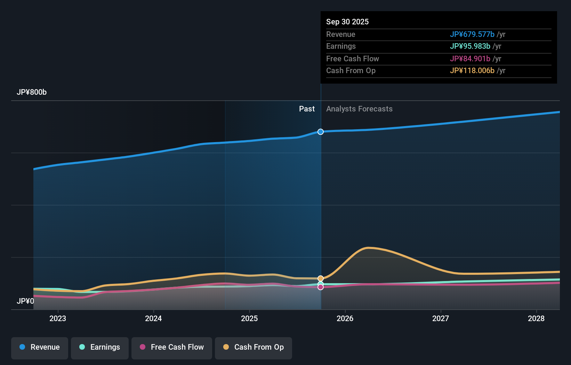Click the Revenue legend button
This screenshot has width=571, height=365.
tap(40, 347)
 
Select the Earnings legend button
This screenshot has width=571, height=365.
tap(100, 347)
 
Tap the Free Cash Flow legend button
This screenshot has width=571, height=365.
tap(172, 347)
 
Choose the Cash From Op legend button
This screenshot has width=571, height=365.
tap(254, 347)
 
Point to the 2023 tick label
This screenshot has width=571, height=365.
tap(58, 318)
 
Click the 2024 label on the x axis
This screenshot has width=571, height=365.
tap(153, 318)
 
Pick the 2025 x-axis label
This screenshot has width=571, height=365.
tap(249, 318)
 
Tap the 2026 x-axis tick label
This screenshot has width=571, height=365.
tap(345, 318)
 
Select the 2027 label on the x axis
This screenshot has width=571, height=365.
tap(441, 318)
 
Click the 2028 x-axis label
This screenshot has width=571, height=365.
tap(536, 318)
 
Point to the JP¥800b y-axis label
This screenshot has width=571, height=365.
tap(32, 92)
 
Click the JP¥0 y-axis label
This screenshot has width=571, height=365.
tap(25, 301)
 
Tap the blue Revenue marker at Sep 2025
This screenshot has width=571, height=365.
tap(321, 132)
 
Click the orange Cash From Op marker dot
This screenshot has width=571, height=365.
tap(321, 278)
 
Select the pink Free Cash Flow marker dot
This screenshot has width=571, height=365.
tap(321, 287)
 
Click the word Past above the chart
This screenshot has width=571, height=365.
tap(307, 109)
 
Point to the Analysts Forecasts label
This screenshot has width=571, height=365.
tap(359, 109)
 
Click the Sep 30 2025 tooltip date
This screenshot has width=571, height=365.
tap(347, 22)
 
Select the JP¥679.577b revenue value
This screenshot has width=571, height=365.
tap(472, 34)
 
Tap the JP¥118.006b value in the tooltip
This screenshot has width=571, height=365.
tap(472, 70)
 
